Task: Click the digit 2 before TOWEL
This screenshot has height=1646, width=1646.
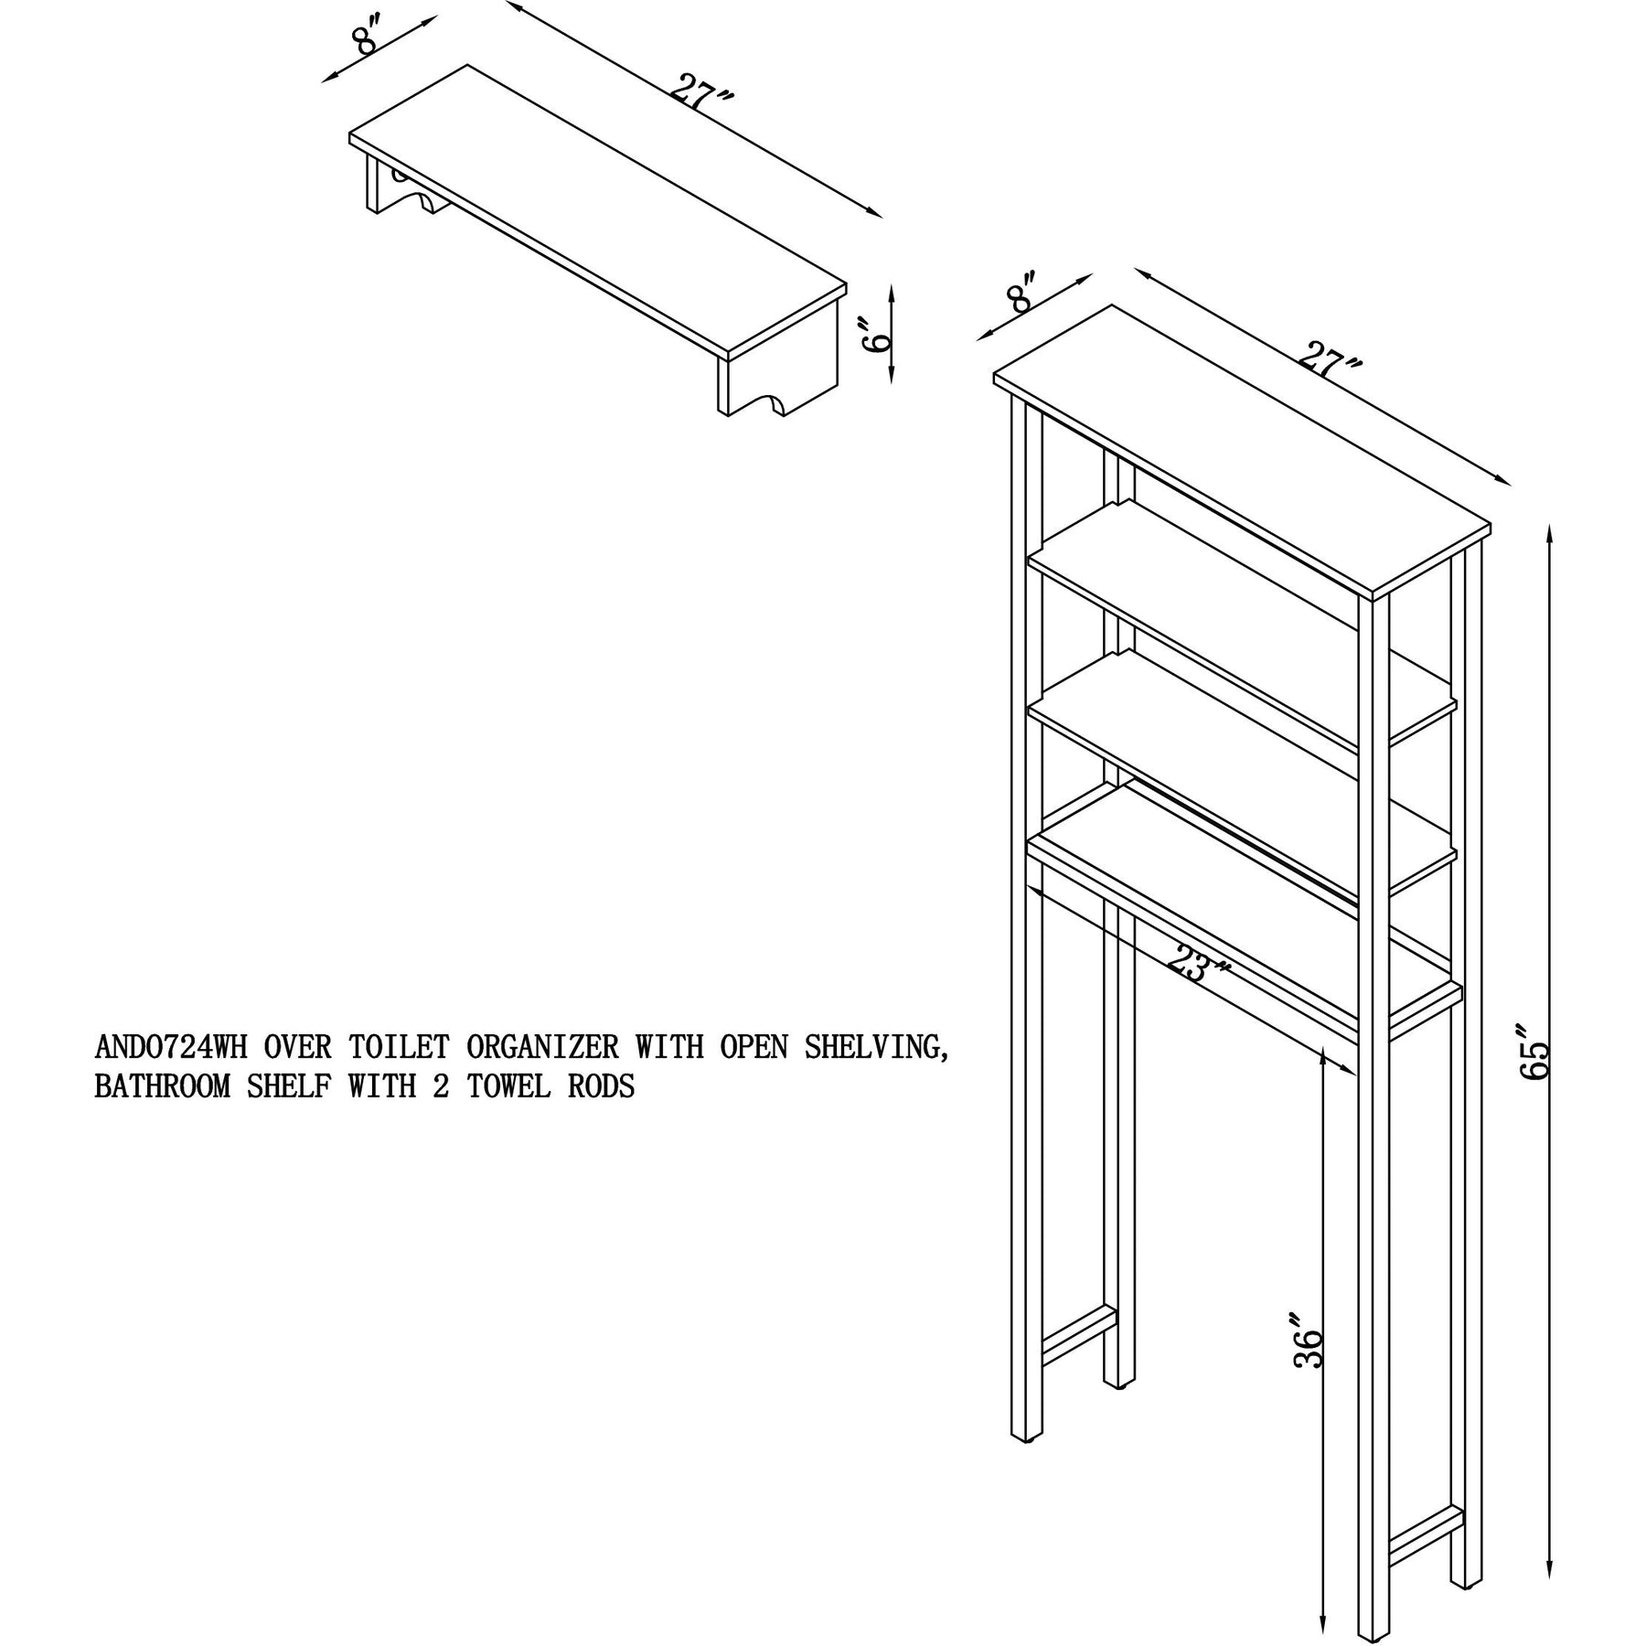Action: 441,1087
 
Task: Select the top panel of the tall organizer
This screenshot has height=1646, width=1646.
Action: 1242,453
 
